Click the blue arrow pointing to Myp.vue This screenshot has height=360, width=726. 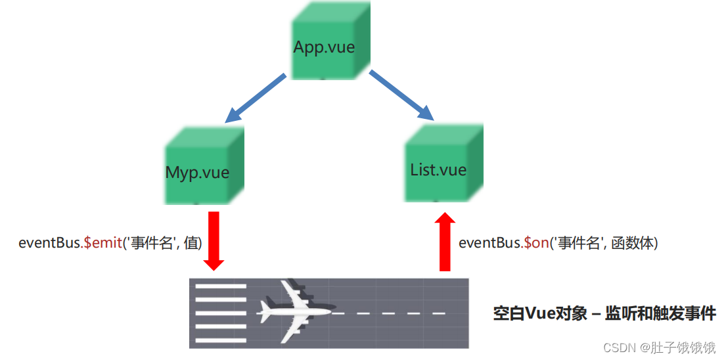255,99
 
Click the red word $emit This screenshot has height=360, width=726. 103,242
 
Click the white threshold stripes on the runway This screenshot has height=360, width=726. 221,313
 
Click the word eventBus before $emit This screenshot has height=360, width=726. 49,242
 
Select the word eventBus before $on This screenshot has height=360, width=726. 489,242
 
